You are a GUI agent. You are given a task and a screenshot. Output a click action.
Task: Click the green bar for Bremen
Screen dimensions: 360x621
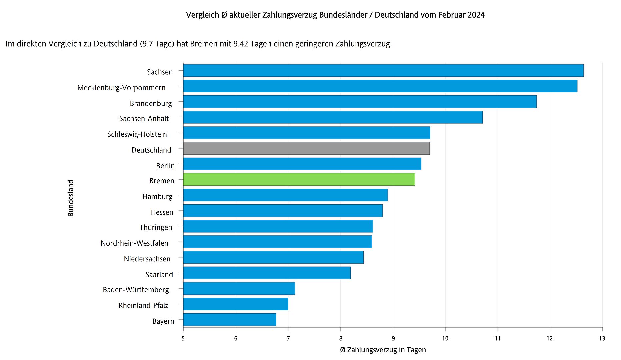299,179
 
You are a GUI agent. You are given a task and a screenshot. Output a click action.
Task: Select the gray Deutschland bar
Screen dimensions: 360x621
306,148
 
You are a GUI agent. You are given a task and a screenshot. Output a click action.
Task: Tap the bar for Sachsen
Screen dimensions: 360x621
383,70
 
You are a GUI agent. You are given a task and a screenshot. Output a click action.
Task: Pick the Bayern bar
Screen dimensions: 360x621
230,320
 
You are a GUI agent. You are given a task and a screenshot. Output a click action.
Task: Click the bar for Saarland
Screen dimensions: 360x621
267,273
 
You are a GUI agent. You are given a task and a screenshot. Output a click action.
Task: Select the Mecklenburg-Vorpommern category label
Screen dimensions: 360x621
121,88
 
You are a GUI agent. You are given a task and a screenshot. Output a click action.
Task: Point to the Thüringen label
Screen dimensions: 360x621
156,227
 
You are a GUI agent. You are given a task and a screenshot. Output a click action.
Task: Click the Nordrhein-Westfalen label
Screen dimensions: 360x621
134,243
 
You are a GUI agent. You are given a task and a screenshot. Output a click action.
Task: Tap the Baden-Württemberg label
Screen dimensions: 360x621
136,290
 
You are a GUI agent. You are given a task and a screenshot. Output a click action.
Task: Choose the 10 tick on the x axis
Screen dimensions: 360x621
445,339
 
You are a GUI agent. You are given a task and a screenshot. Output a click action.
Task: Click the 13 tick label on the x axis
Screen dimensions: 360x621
602,339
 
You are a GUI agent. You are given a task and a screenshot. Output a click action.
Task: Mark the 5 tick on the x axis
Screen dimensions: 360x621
183,339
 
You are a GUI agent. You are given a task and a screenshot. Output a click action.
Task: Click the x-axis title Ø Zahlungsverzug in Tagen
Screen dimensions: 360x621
383,350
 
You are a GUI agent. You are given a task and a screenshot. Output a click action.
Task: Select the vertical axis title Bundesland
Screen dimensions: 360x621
71,198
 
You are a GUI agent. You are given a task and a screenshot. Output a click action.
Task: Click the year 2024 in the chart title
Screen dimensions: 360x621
476,15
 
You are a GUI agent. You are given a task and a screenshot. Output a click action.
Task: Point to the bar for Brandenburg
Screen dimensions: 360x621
360,102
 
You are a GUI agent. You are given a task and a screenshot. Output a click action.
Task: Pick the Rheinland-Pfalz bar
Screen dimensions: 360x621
236,304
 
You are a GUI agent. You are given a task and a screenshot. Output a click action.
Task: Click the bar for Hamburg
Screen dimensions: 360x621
285,195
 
